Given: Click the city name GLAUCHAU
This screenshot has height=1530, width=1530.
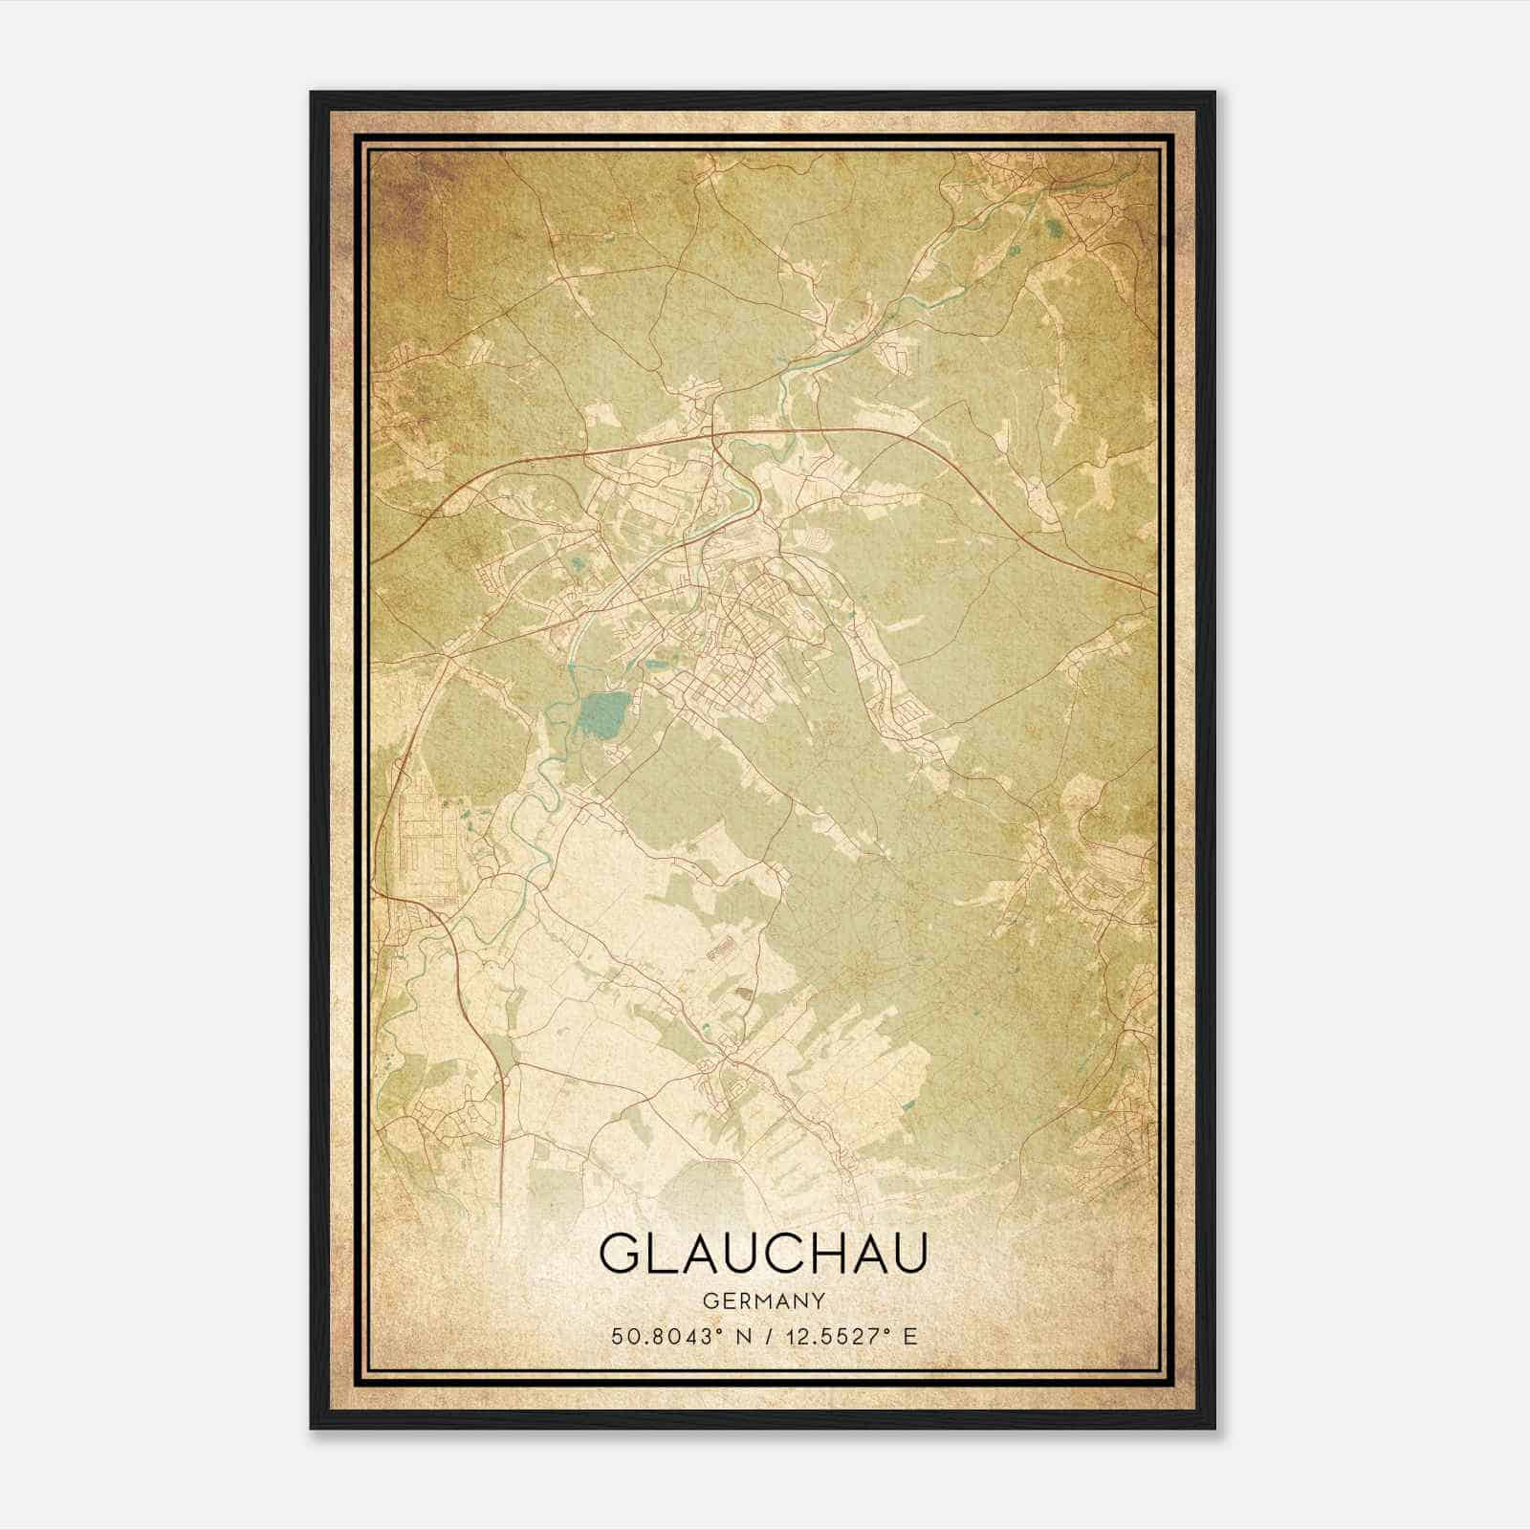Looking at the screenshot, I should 763,1253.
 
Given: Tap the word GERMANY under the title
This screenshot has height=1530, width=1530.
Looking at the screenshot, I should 763,1301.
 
